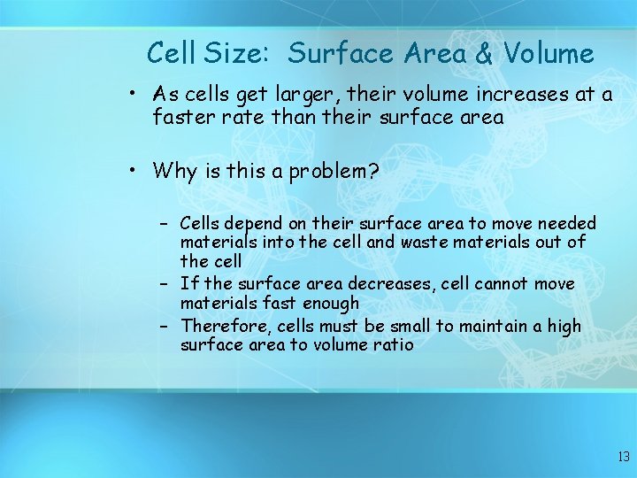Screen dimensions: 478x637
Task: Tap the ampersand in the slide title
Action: click(x=486, y=54)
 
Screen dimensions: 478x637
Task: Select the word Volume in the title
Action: click(x=549, y=54)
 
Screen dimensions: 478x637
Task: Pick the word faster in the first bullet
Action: click(x=184, y=117)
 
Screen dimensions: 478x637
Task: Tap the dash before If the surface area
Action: click(x=165, y=284)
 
